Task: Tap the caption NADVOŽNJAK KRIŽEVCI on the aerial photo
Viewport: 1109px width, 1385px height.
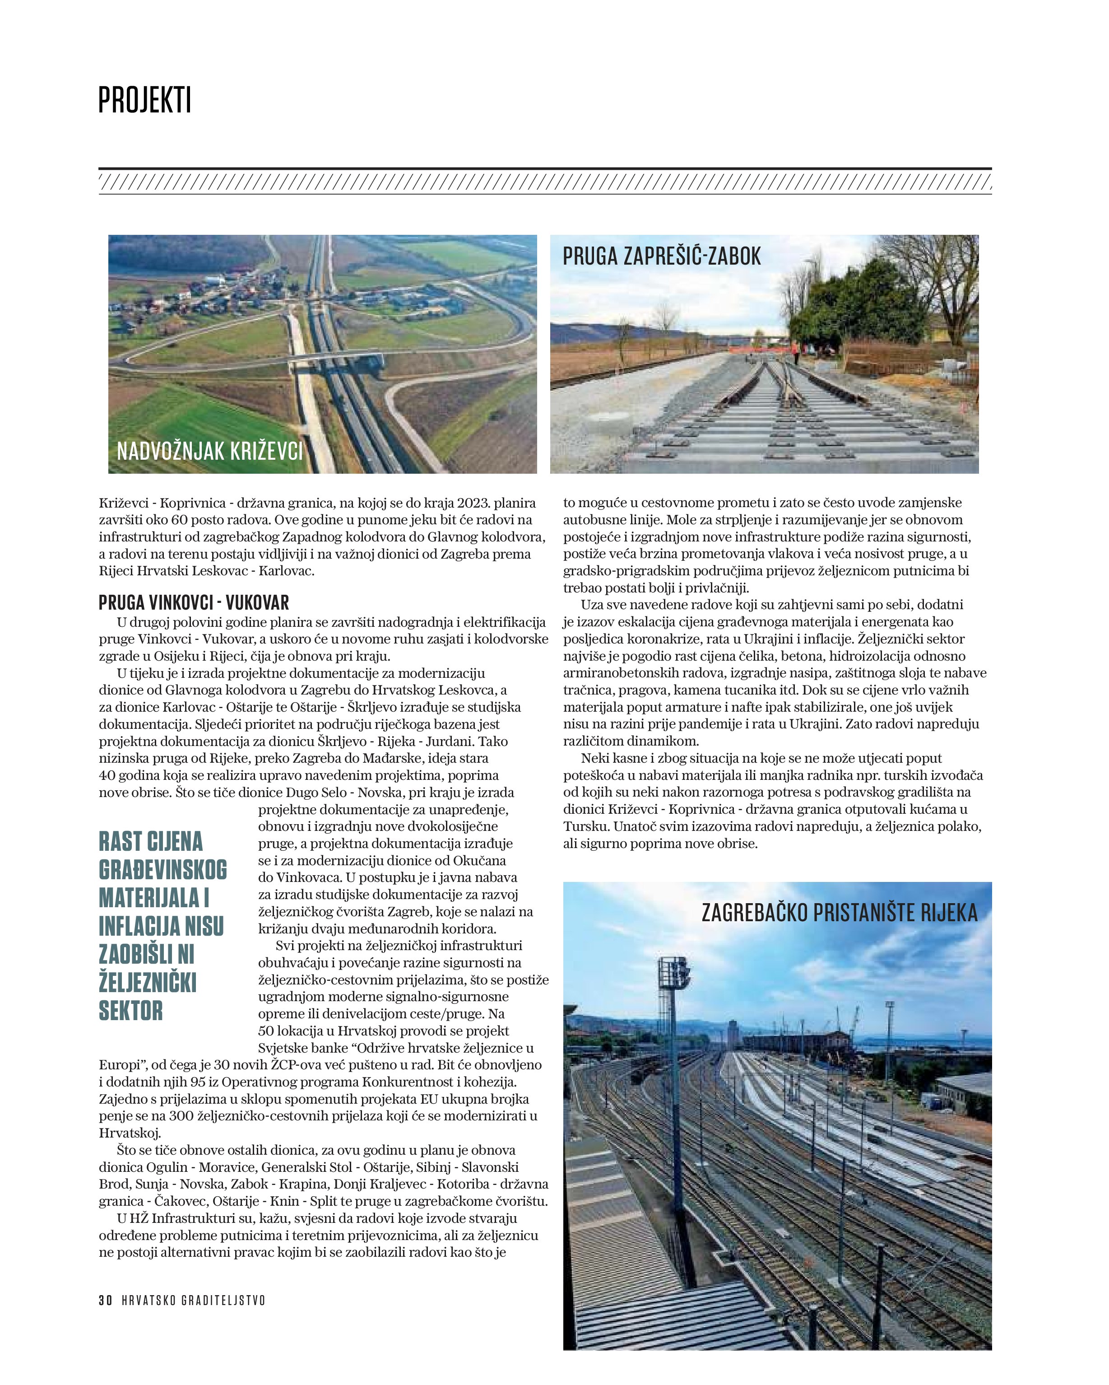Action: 209,452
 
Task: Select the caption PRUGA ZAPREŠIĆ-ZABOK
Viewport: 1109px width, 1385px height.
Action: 661,256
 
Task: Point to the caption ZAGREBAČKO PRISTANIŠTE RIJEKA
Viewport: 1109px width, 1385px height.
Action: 839,913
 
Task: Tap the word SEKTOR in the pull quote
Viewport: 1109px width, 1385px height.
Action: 131,1011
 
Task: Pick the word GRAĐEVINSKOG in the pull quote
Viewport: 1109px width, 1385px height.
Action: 163,870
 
